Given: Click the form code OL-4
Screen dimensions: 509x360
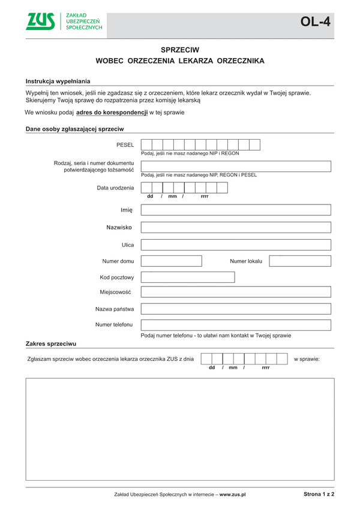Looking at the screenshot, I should coord(315,22).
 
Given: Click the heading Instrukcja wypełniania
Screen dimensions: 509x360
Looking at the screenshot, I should coord(58,81).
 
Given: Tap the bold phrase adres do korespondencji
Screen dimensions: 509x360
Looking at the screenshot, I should coord(112,112).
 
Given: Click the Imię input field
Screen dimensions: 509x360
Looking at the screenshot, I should coord(236,210).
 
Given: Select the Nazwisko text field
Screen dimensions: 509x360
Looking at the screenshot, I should coord(236,227).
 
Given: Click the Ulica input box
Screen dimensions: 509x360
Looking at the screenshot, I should coord(236,245).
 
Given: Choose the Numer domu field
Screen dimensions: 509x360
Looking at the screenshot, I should coord(171,261).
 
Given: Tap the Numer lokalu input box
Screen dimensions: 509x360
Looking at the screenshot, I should coord(299,261).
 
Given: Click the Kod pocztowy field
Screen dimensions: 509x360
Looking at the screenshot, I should coord(171,277).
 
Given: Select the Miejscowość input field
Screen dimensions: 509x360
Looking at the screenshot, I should coord(236,292).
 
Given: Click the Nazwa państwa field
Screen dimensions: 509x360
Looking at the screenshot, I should coord(236,309).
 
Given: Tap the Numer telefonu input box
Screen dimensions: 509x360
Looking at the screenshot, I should coord(236,325).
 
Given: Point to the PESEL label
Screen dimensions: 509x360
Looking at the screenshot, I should coord(125,145).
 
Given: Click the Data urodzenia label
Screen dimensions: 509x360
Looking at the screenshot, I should coord(115,188).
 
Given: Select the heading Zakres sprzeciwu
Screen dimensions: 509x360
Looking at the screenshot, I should coord(50,344).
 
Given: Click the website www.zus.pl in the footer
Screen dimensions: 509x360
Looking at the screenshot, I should coord(233,495).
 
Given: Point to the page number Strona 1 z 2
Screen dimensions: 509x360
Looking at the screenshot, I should coord(319,494).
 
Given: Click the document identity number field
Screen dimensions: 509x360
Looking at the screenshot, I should coord(236,166).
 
